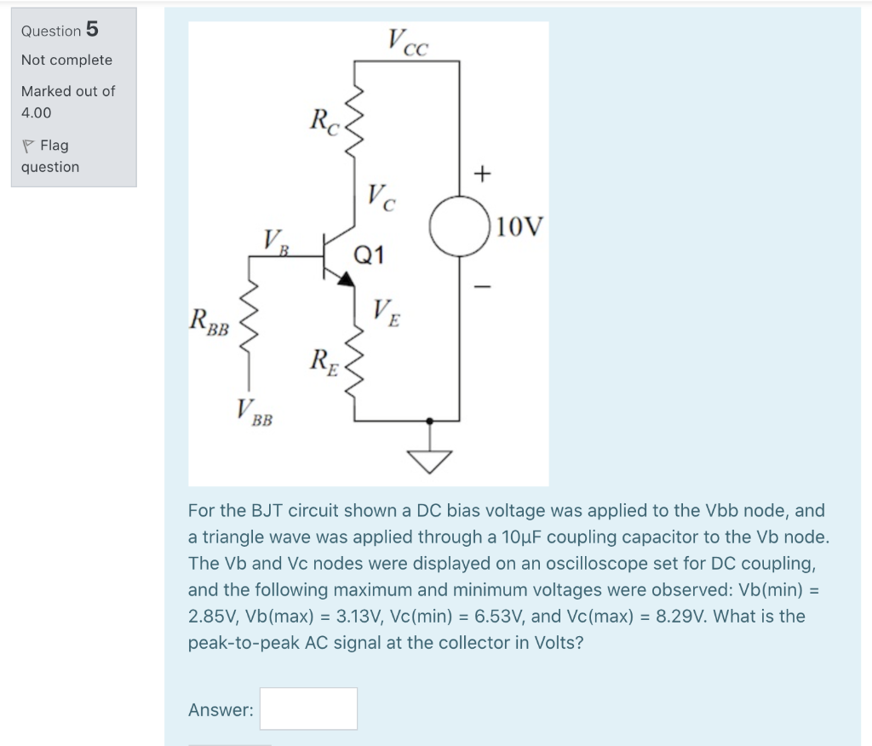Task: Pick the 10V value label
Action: pos(519,227)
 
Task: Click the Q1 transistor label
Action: pos(370,254)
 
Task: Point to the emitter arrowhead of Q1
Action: pos(347,279)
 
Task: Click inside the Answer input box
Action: pos(308,709)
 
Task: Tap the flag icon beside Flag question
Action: pos(28,146)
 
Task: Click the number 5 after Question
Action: pos(92,30)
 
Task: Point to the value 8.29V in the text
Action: pos(680,616)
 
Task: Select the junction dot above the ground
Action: pos(429,421)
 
